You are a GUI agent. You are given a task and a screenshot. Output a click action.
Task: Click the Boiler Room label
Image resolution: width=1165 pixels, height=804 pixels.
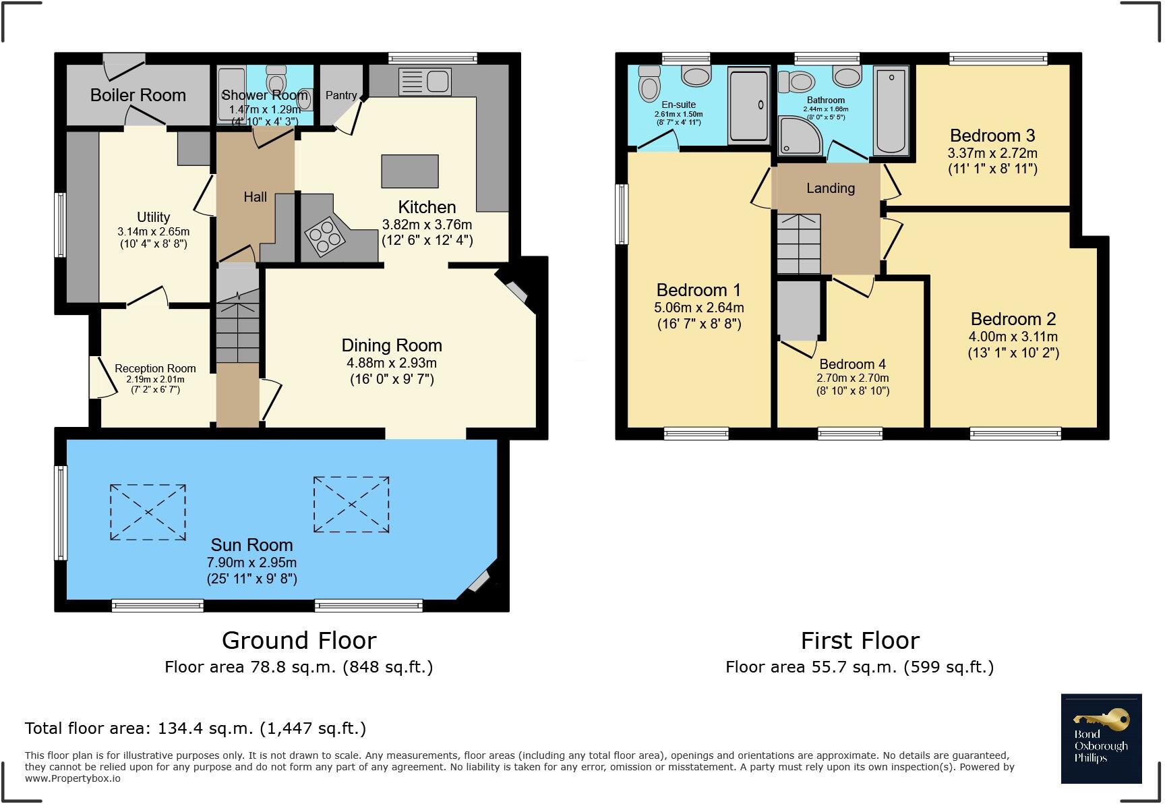point(138,95)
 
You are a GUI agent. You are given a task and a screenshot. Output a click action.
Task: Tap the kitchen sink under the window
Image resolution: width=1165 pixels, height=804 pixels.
point(425,82)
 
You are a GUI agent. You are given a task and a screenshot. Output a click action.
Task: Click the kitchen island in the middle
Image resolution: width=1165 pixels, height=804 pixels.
point(410,171)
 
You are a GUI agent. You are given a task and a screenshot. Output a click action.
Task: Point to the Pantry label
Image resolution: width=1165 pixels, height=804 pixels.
point(341,95)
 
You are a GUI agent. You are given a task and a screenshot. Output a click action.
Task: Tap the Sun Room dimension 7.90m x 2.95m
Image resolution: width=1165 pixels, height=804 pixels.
point(251,563)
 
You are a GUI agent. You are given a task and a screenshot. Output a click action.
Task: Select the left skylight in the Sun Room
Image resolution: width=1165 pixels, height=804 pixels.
point(148,512)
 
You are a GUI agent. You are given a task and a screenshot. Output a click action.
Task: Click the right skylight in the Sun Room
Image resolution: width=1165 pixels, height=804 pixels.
point(351,505)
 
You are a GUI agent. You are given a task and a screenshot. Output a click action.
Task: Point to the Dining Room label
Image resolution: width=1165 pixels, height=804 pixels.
point(392,345)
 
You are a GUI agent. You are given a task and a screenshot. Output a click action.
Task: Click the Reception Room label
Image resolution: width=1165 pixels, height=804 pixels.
point(155,368)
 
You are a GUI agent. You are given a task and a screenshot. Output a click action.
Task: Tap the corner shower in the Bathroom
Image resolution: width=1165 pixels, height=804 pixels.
point(799,134)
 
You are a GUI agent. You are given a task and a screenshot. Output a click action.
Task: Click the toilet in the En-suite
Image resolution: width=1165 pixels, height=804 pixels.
point(650,84)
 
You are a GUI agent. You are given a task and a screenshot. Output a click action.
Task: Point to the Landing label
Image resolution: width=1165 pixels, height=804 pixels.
point(831,188)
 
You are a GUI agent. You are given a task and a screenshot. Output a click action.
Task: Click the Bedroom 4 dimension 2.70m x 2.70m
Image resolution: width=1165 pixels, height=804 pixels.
point(852,378)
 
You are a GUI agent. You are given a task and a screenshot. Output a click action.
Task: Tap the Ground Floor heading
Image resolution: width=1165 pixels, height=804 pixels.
point(299,640)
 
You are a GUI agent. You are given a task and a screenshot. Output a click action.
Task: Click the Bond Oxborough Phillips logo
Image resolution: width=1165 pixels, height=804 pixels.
point(1101,739)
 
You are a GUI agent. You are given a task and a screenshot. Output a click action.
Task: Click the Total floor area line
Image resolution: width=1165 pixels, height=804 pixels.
point(196,728)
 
